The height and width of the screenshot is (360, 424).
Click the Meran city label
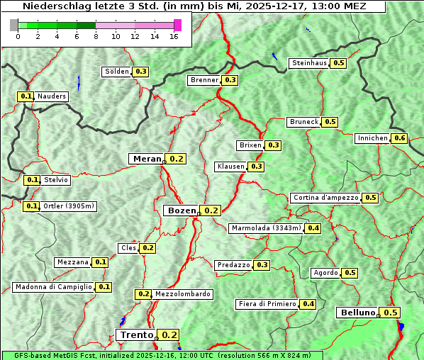[x=147, y=159]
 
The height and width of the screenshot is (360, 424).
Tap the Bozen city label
[x=180, y=210]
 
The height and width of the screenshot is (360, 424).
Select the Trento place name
[x=137, y=335]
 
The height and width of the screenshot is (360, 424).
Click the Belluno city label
[x=357, y=313]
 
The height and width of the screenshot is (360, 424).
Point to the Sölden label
[x=117, y=72]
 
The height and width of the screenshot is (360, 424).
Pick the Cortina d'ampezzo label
[x=325, y=198]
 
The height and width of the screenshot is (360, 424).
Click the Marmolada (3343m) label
[x=267, y=228]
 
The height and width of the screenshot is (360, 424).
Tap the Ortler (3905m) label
[x=69, y=206]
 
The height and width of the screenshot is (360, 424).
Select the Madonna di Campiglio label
[x=53, y=287]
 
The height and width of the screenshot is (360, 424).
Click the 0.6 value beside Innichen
[x=400, y=138]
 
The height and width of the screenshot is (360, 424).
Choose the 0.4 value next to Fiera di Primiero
[x=308, y=304]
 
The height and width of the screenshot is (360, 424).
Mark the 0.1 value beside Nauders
[x=26, y=96]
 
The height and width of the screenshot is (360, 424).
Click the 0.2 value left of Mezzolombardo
[x=143, y=294]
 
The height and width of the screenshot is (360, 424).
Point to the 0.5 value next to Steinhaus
[x=339, y=63]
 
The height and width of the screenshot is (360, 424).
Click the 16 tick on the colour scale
[x=174, y=36]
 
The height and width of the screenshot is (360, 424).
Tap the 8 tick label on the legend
[x=96, y=36]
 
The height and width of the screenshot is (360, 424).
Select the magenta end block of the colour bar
[x=177, y=25]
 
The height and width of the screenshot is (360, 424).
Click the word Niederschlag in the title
[x=53, y=6]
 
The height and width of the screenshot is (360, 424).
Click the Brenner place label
[x=205, y=80]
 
